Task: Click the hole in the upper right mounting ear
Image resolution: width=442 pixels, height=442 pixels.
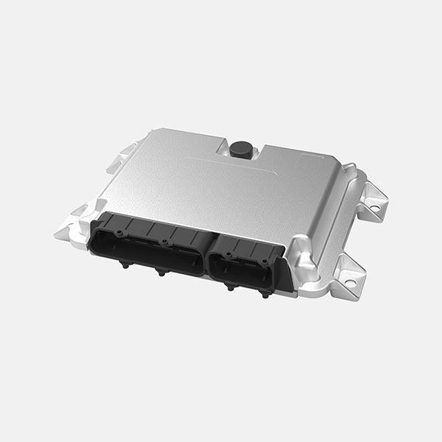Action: (374, 208)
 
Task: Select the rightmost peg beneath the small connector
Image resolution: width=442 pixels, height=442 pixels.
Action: (263, 294)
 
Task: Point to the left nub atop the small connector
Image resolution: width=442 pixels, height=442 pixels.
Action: (228, 256)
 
